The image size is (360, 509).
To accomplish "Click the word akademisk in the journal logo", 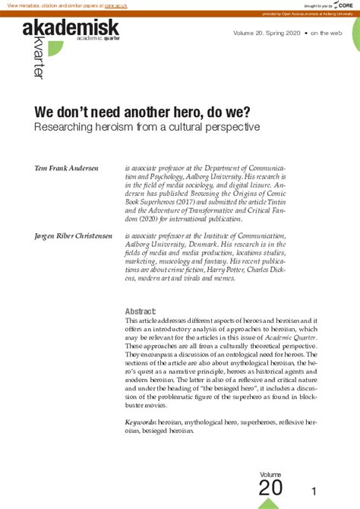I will [71, 29].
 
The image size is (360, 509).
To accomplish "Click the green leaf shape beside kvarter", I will [54, 49].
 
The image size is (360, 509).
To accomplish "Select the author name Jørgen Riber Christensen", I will [74, 236].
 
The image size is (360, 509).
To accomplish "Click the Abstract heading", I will [141, 311].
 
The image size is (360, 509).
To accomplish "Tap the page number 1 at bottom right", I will [324, 491].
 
